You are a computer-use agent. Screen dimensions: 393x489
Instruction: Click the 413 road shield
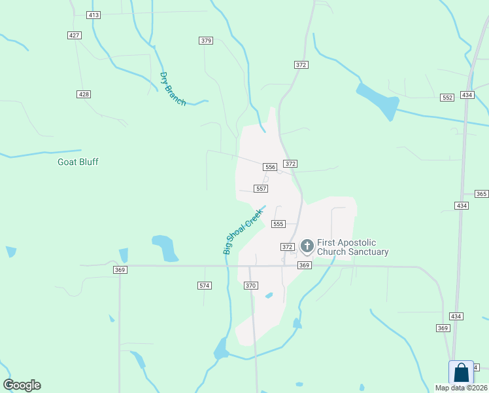pos(93,14)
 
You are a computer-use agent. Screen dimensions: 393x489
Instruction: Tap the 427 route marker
pos(74,35)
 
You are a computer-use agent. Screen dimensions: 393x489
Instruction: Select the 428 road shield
pos(83,94)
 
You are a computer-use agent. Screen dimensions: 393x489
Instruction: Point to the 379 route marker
pos(206,41)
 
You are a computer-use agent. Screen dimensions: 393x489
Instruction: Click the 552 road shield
pos(447,97)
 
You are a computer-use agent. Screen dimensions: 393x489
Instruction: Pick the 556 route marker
pos(271,167)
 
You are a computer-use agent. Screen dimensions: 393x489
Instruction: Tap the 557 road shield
pos(261,189)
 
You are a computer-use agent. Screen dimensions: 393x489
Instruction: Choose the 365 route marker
pos(481,194)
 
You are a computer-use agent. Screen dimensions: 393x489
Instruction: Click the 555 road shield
pos(278,224)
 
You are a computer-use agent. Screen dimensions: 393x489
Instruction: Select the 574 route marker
pos(205,286)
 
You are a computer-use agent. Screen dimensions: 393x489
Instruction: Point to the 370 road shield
pos(251,286)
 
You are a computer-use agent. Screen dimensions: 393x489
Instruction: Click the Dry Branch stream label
pos(173,88)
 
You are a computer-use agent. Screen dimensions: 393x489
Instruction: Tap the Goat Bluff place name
pos(78,162)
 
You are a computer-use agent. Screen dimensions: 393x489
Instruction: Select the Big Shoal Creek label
pos(242,231)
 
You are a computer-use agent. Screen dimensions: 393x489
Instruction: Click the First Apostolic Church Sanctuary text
pos(353,247)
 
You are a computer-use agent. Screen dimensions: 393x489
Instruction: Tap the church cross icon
pos(307,246)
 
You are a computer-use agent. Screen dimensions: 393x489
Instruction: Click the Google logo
pos(22,385)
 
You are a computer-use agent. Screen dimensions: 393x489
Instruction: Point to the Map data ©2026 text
pos(461,388)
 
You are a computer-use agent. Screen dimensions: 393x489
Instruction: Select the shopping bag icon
pos(462,373)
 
